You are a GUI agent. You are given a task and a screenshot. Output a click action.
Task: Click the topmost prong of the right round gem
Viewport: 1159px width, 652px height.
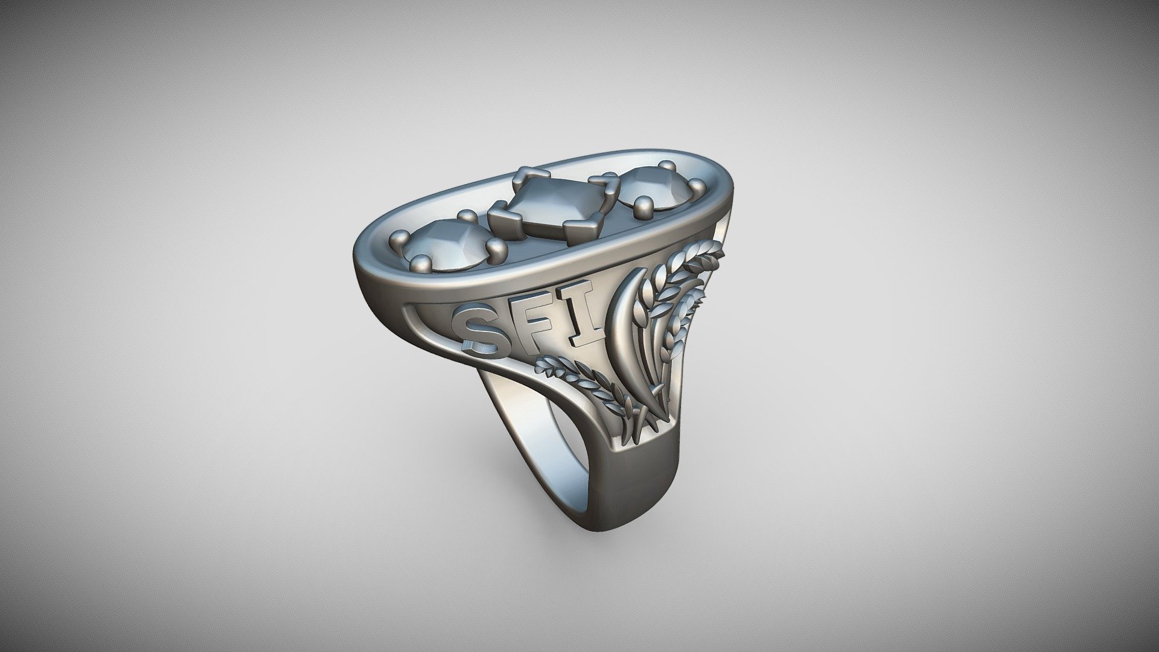click(x=666, y=165)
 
